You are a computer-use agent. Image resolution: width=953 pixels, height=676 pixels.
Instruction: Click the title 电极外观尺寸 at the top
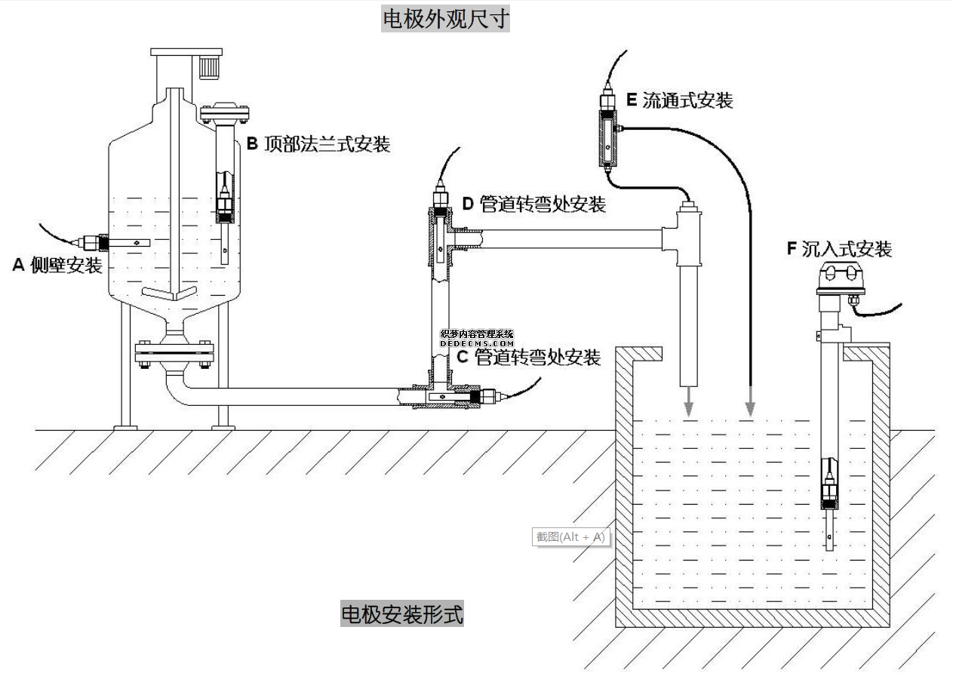tap(445, 18)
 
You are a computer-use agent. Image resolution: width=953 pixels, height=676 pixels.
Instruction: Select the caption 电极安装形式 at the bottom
tap(402, 614)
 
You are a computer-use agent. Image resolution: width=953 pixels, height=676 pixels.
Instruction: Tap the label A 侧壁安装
tap(57, 265)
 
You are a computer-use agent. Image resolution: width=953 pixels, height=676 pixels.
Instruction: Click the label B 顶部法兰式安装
tap(318, 144)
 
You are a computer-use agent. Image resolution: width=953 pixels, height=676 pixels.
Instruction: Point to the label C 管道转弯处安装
tap(528, 358)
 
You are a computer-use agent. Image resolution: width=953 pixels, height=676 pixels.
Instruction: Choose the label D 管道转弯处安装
tap(533, 204)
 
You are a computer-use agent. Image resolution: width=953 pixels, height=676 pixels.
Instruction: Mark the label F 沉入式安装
tap(838, 249)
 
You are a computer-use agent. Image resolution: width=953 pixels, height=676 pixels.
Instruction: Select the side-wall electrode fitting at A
tap(94, 242)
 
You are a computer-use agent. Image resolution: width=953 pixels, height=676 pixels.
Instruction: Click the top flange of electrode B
tap(224, 114)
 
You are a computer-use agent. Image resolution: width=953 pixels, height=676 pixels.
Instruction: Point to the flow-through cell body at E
tap(607, 137)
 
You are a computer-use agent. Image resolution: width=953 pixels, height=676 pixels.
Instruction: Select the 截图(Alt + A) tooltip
tap(570, 537)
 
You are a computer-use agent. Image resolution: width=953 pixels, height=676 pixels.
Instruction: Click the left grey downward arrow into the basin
tap(688, 405)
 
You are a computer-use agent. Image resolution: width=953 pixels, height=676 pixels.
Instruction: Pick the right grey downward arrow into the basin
tap(750, 405)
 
